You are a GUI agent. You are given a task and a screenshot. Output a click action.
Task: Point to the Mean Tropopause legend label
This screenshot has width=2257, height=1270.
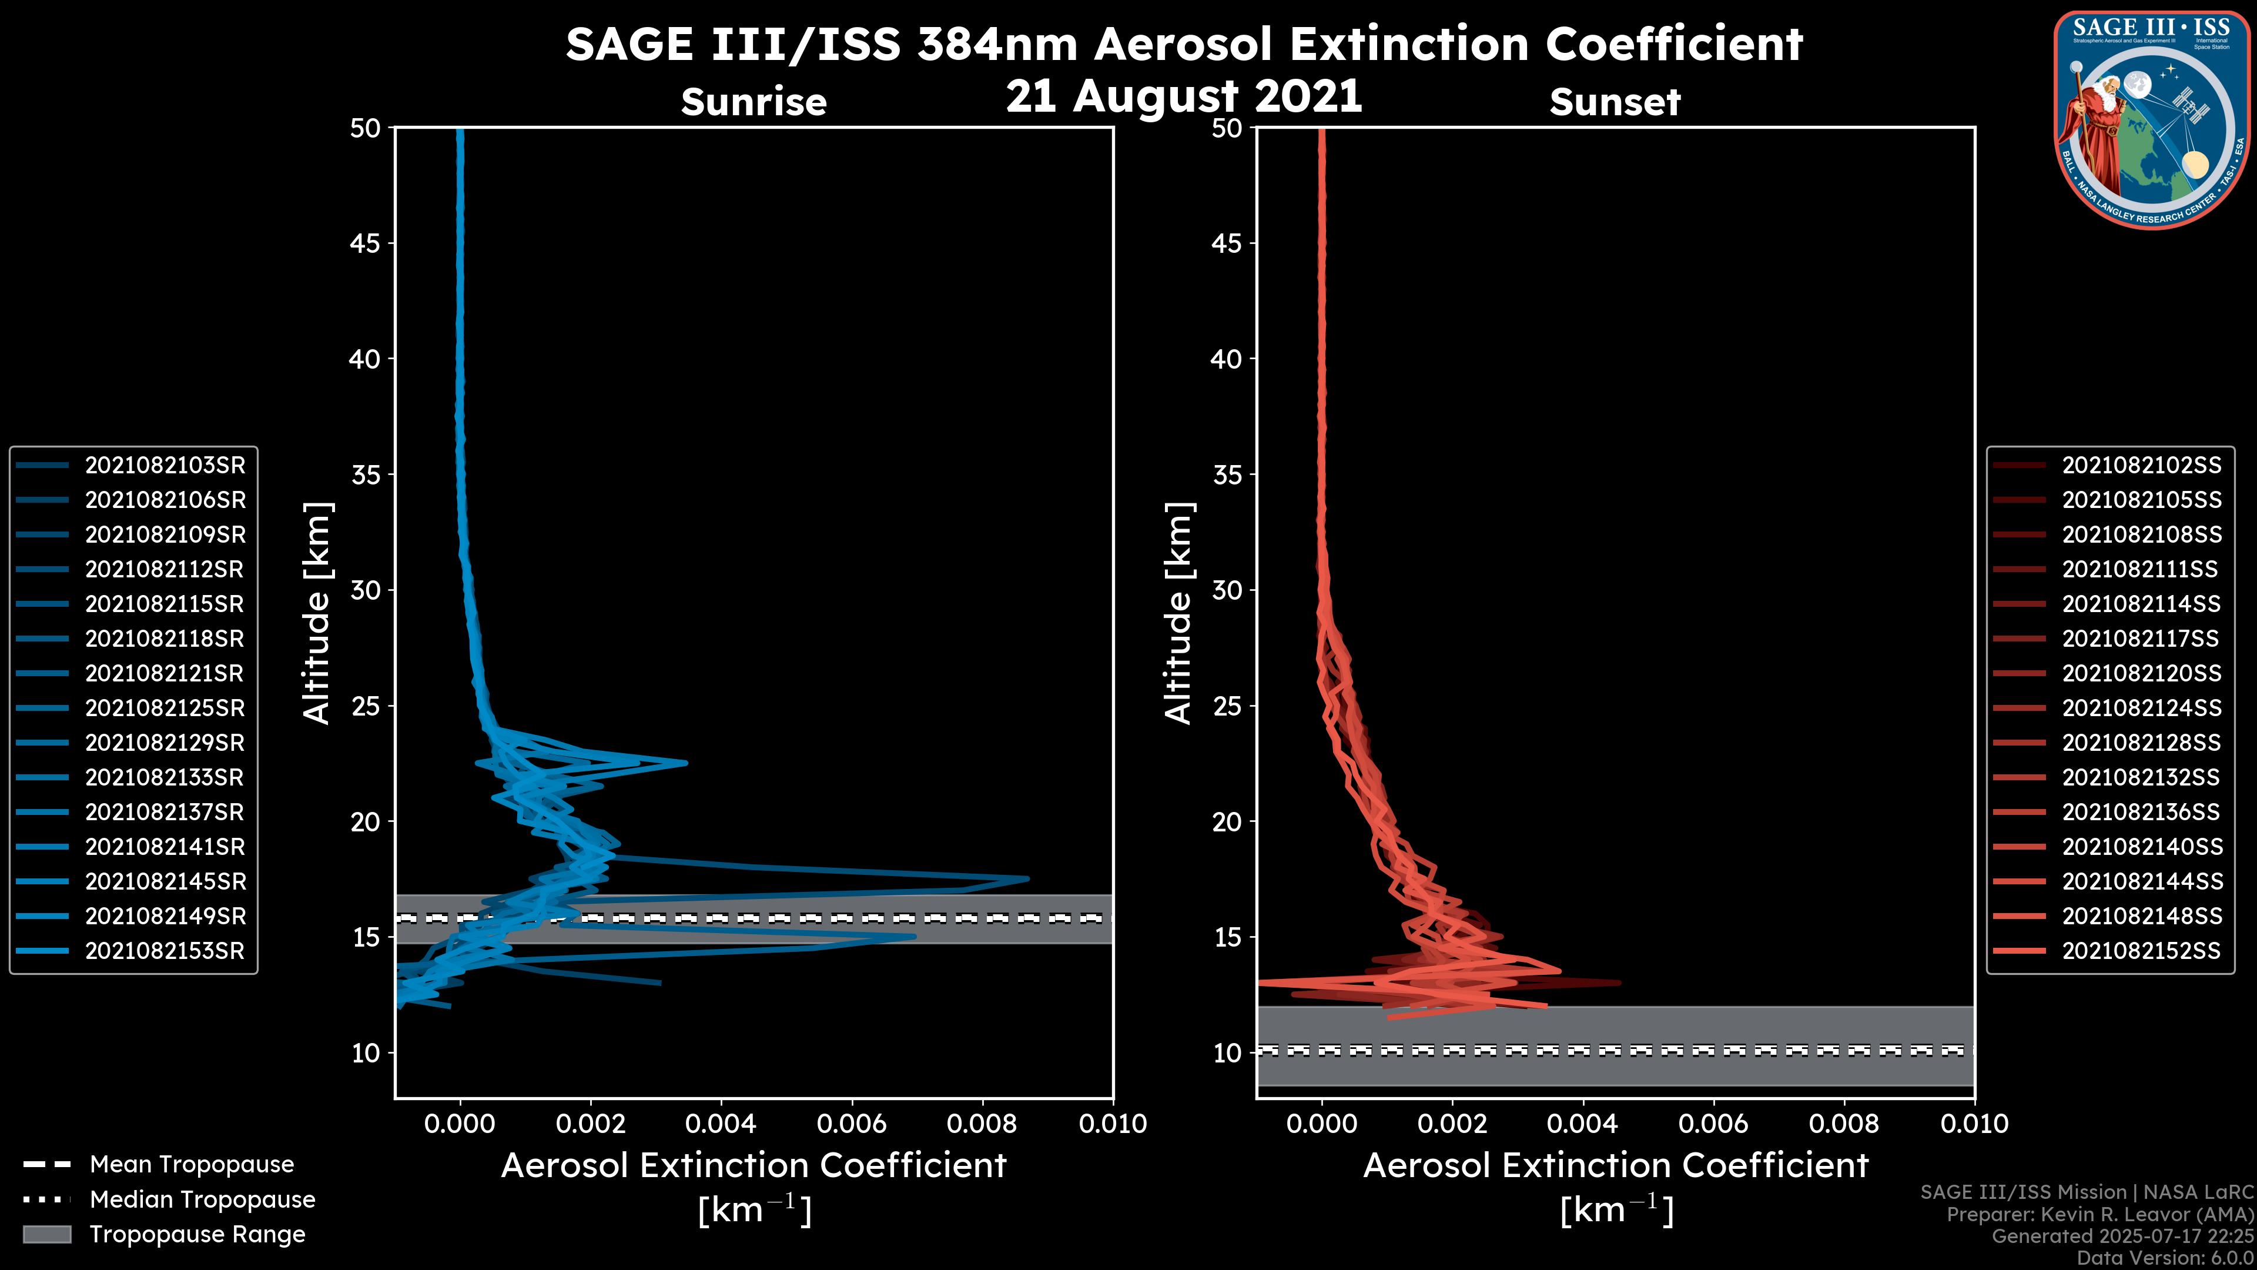[192, 1165]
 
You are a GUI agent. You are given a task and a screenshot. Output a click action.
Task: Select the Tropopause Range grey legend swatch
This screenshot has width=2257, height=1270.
[46, 1234]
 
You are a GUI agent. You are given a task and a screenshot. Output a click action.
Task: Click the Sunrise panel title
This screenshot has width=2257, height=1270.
[754, 102]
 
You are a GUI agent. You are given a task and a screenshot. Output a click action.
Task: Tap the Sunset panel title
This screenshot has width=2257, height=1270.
[1615, 102]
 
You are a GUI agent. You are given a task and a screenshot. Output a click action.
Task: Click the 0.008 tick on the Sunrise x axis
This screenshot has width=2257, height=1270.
[982, 1124]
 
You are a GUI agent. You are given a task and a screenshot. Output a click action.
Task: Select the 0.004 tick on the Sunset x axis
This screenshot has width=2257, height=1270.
[1583, 1124]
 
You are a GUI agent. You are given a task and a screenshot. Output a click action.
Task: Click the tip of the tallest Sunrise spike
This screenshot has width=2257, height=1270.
[1029, 878]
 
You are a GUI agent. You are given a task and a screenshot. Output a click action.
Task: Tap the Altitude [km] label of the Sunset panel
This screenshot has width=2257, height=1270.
[1178, 613]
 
